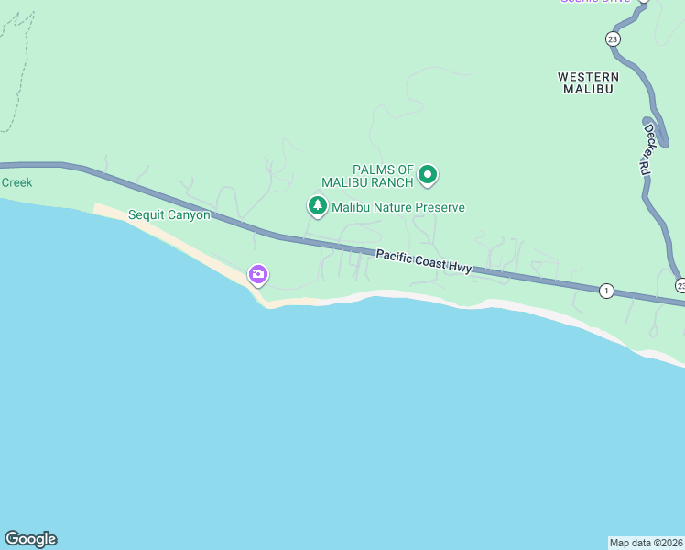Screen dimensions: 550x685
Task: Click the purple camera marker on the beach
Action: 258,274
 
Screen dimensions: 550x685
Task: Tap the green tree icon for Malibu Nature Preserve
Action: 318,206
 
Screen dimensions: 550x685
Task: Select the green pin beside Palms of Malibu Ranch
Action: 427,174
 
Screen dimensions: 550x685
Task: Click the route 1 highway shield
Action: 606,291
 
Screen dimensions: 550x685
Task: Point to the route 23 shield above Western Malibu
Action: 613,38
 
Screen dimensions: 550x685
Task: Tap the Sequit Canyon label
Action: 169,215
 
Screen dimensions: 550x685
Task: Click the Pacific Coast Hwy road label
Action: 423,261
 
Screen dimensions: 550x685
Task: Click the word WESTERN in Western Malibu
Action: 588,77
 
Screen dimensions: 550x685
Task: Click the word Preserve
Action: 431,208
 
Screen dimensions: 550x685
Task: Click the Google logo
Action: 30,539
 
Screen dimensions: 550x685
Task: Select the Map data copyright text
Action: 647,543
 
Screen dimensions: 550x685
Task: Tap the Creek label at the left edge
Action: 16,182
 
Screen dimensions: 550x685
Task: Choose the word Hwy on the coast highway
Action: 460,267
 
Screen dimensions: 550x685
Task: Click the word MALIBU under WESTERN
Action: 588,89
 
